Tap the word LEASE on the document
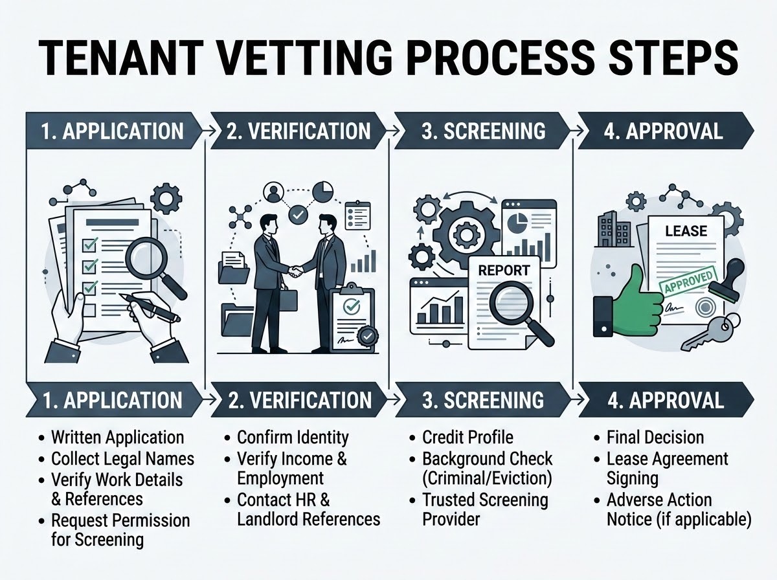[x=686, y=231]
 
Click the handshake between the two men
[x=295, y=271]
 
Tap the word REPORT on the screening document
[x=504, y=271]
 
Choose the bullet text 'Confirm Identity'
[x=293, y=438]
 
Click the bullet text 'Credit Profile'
[x=467, y=438]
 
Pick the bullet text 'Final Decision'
[x=655, y=438]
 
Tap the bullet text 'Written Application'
[x=118, y=438]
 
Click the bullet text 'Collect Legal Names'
[x=123, y=459]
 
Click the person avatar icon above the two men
[x=274, y=192]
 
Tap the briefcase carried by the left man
[x=287, y=299]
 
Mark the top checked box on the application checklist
[x=89, y=244]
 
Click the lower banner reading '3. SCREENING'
[x=483, y=400]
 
